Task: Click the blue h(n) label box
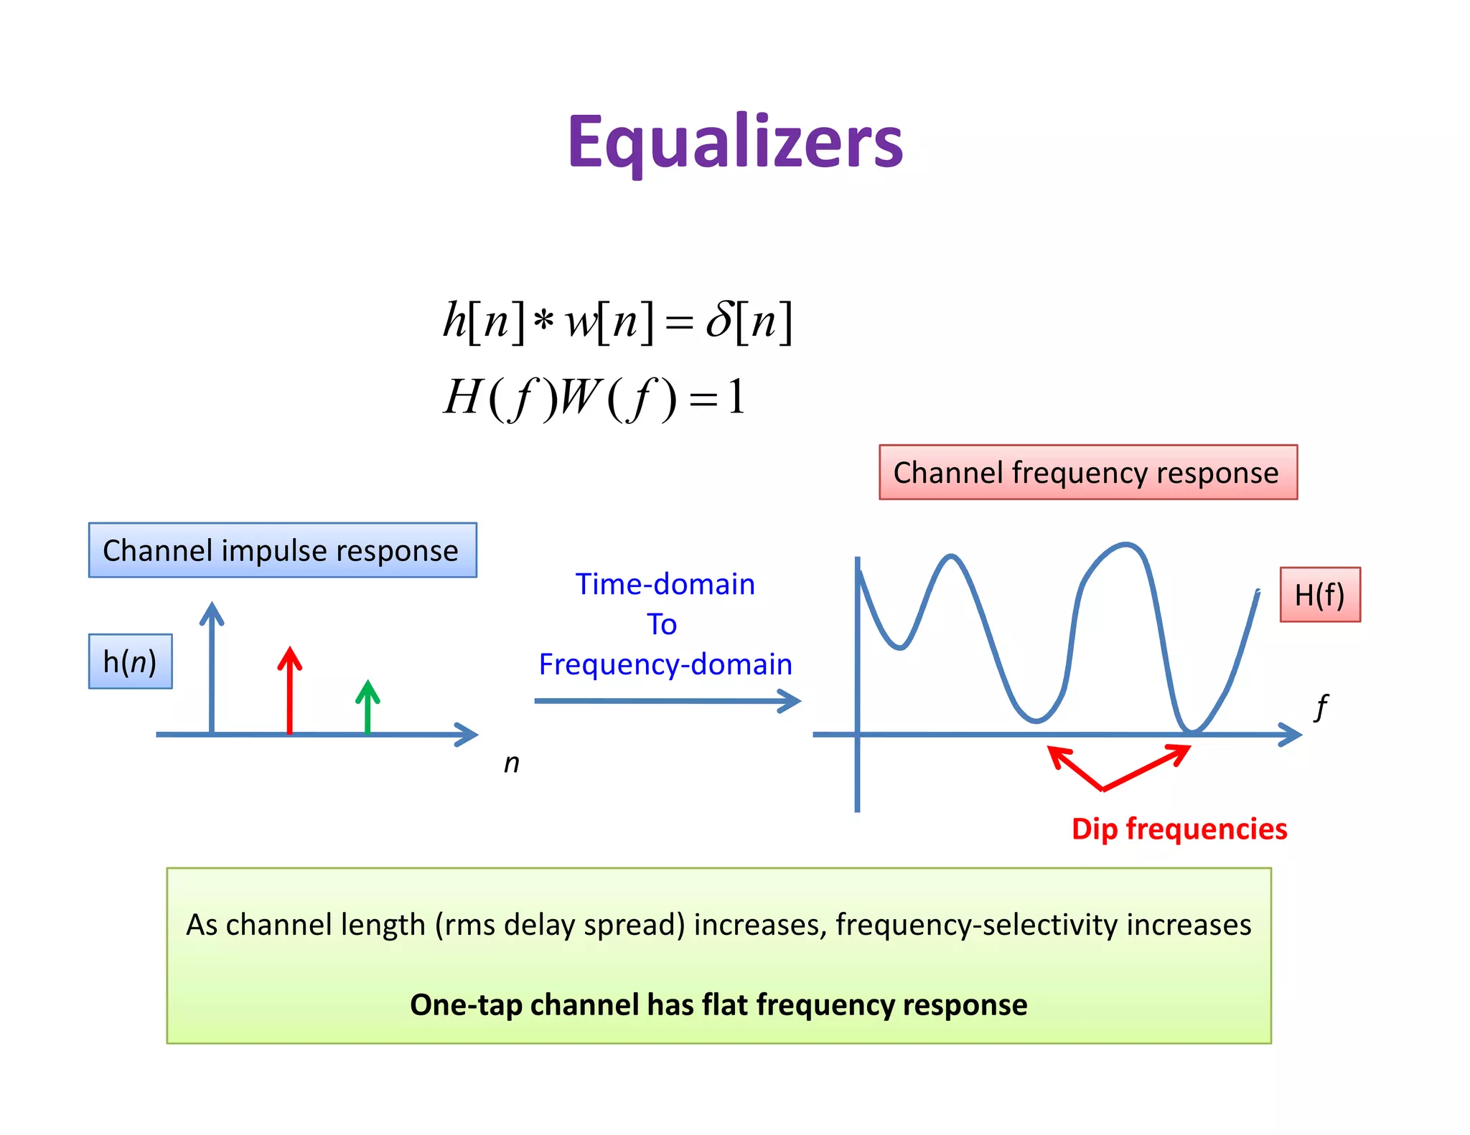pyautogui.click(x=130, y=661)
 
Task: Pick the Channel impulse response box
pyautogui.click(x=282, y=550)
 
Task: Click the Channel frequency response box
pyautogui.click(x=1087, y=472)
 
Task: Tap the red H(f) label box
pyautogui.click(x=1319, y=595)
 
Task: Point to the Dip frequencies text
pyautogui.click(x=1179, y=829)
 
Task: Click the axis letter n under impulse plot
pyautogui.click(x=511, y=763)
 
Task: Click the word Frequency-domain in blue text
pyautogui.click(x=665, y=664)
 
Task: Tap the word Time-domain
pyautogui.click(x=665, y=584)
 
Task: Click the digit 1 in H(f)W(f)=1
pyautogui.click(x=736, y=397)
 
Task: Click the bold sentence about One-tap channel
pyautogui.click(x=718, y=1004)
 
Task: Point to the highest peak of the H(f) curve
pyautogui.click(x=1125, y=545)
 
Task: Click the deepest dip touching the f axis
pyautogui.click(x=1192, y=730)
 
